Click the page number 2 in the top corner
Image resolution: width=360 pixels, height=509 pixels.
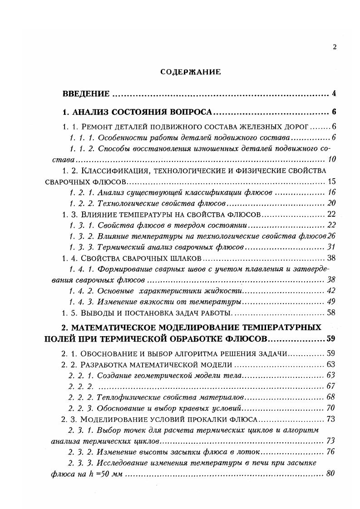(x=335, y=47)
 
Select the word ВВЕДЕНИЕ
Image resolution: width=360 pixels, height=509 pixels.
(x=86, y=94)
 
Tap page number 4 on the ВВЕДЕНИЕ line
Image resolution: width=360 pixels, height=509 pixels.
(x=334, y=94)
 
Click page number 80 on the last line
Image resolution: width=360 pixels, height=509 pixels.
(x=331, y=474)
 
